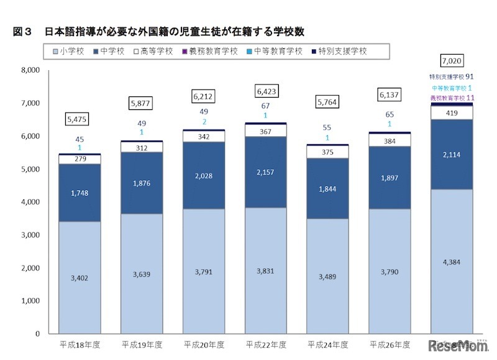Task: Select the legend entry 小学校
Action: tap(72, 51)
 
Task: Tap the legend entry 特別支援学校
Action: tap(340, 51)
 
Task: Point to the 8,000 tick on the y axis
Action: tap(30, 70)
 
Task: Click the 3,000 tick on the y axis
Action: tap(30, 235)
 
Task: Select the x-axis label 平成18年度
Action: tap(79, 343)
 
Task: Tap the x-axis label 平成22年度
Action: tap(265, 343)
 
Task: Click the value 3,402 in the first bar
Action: tap(79, 277)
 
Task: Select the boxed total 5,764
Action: tap(327, 101)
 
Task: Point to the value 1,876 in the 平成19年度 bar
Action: tap(141, 183)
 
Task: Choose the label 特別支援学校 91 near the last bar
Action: tap(452, 77)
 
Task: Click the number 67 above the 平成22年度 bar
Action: tap(265, 106)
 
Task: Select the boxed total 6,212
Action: tap(203, 96)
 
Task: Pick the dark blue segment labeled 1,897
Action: tap(390, 179)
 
